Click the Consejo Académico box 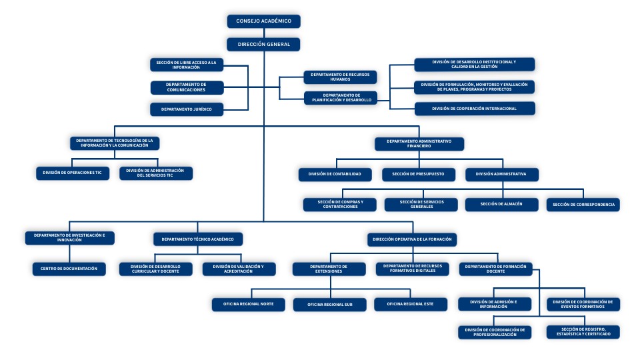tap(263, 21)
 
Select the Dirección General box tap(263, 45)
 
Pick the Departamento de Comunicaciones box tap(186, 87)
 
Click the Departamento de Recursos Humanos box tap(340, 77)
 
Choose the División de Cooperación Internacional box tap(474, 109)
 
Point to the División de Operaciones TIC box tap(72, 173)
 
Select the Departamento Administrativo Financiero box tap(419, 144)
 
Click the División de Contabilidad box tap(335, 174)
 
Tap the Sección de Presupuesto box tap(419, 174)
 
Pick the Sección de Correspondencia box tap(583, 204)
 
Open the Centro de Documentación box tap(69, 269)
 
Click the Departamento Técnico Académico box tap(198, 239)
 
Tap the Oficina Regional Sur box tap(329, 304)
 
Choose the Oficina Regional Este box tap(409, 304)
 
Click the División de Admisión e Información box tap(494, 304)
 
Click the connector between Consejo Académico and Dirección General tap(263, 33)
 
